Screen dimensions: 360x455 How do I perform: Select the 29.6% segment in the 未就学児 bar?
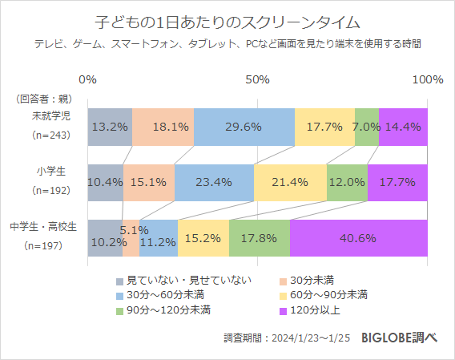244,127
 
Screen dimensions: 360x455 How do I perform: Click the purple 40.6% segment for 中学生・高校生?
358,238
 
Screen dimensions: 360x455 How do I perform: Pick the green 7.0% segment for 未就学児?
366,127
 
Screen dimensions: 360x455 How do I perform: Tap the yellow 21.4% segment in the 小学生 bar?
290,182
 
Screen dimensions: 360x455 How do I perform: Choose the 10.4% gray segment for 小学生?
105,182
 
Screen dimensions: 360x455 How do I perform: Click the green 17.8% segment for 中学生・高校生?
259,238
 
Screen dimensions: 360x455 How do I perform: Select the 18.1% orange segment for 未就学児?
163,127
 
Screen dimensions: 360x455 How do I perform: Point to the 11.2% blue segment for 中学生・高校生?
158,238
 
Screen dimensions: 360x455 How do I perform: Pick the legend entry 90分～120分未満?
168,309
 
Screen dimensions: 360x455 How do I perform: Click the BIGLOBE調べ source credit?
399,338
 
